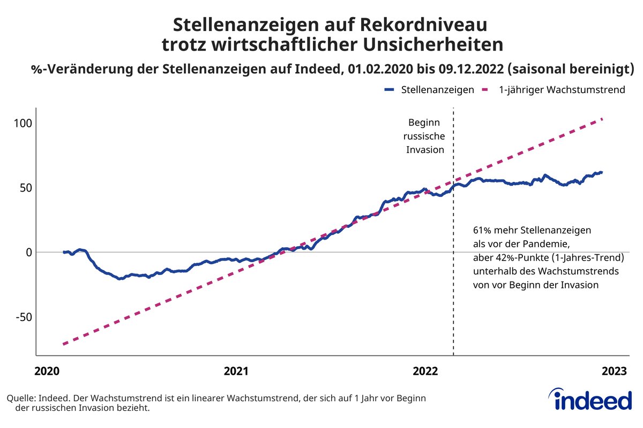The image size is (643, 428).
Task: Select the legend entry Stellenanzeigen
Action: pos(437,90)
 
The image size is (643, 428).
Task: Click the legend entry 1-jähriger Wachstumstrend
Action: pos(562,90)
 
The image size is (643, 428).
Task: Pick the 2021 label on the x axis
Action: pos(236,371)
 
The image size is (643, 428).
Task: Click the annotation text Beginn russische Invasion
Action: pos(425,136)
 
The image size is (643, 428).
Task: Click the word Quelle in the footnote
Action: pos(20,399)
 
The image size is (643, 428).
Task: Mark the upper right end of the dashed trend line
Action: pos(603,119)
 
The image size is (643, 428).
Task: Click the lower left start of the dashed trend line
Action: pos(64,343)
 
